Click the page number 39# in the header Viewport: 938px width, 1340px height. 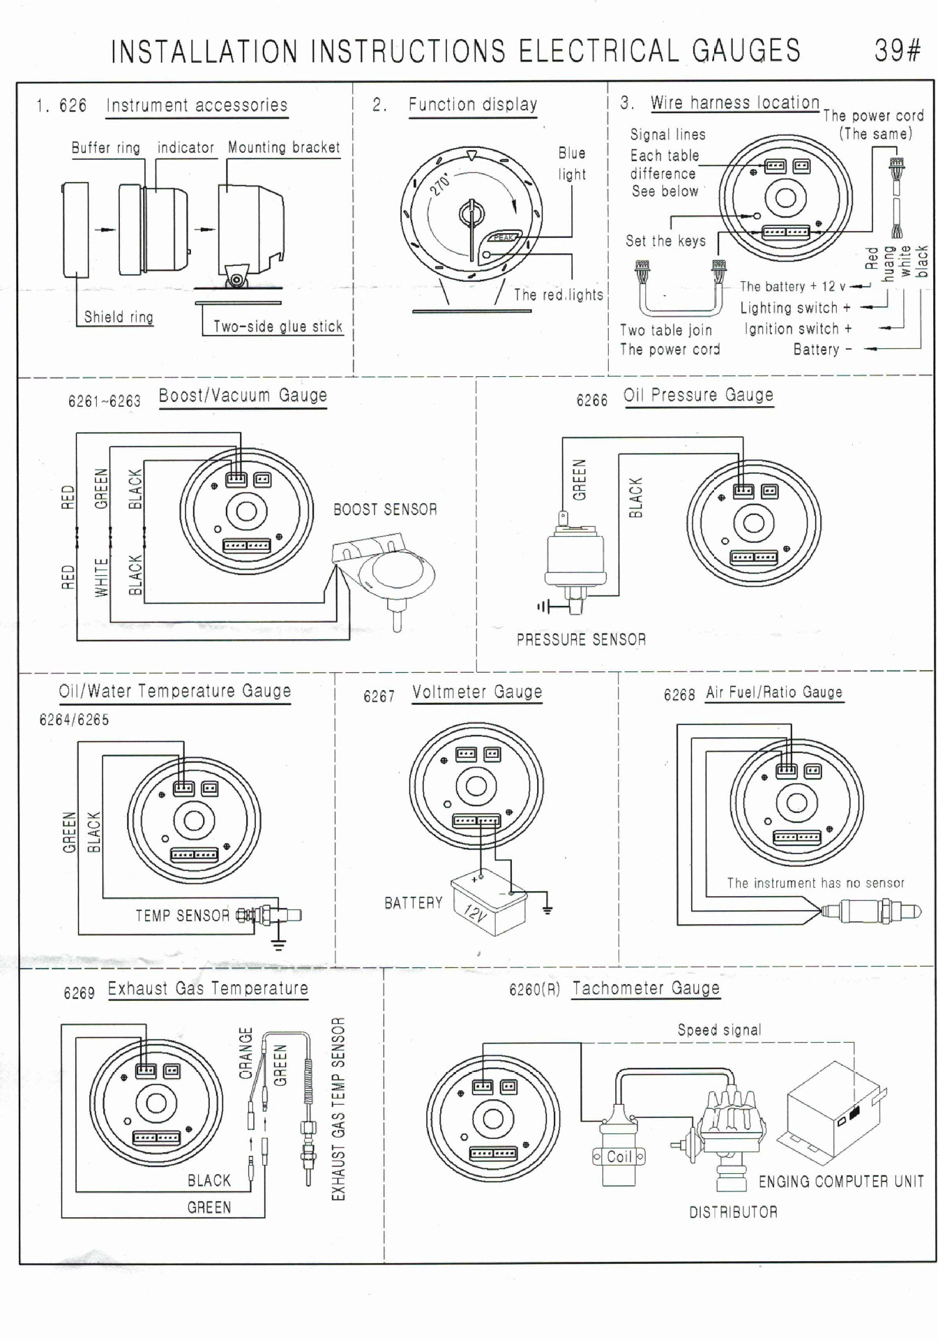898,51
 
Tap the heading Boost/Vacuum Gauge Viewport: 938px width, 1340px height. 243,396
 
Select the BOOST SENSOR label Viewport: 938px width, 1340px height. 385,509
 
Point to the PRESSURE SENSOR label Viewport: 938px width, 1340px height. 581,639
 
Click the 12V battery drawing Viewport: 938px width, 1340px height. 489,902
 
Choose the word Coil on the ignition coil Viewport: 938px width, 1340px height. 619,1156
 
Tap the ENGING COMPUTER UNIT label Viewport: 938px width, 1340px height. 841,1182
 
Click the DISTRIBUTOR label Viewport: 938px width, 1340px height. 733,1212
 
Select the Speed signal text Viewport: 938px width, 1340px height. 719,1030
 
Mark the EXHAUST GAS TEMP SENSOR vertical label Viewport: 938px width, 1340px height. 338,1109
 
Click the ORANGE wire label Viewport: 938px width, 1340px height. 245,1053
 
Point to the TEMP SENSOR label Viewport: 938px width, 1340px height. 182,916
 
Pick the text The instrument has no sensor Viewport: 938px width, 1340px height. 815,883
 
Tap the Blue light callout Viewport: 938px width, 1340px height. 572,164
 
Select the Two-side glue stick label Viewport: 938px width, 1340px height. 278,327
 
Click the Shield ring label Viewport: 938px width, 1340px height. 119,317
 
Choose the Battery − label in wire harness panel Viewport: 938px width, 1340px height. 822,349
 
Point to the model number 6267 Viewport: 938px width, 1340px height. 379,697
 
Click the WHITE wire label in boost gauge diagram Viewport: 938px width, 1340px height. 102,577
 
